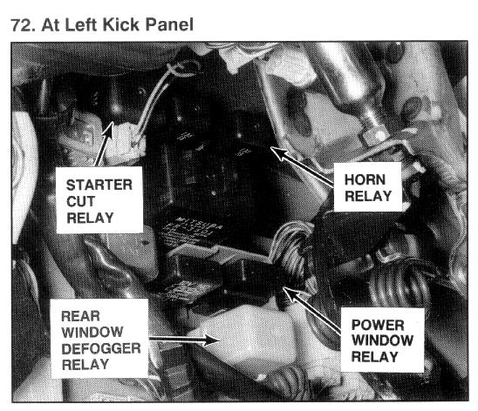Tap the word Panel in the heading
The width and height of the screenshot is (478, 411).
click(x=169, y=24)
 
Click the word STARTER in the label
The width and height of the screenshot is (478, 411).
click(x=99, y=185)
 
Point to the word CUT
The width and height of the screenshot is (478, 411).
click(x=80, y=201)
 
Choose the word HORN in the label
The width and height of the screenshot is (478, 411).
click(x=365, y=179)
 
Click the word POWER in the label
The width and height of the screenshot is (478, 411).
click(x=378, y=325)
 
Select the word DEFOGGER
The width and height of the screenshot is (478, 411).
click(x=101, y=348)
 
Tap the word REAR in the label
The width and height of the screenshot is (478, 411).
click(x=80, y=316)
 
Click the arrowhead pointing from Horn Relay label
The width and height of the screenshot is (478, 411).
click(x=278, y=152)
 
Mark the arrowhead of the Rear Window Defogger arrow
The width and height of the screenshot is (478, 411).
click(x=213, y=340)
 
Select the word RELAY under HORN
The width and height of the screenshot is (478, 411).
click(x=368, y=196)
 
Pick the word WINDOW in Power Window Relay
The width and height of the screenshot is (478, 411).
click(x=382, y=340)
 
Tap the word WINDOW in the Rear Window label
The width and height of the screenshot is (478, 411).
click(x=92, y=333)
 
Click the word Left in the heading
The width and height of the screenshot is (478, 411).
click(x=80, y=24)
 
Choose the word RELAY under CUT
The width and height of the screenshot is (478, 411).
click(x=90, y=218)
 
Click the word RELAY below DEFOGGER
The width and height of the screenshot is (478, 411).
click(x=85, y=365)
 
